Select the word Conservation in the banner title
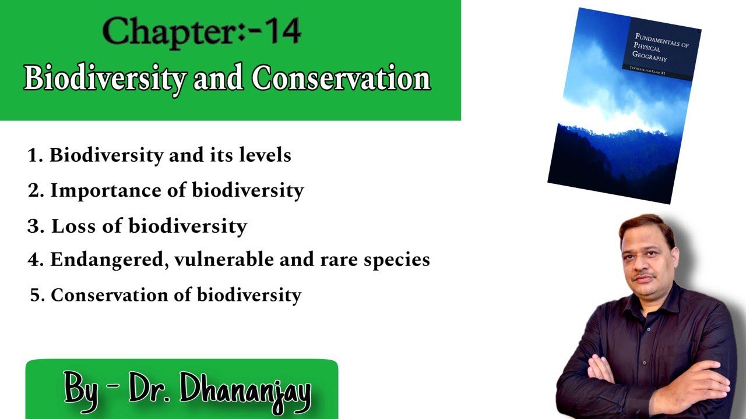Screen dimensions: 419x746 point(342,78)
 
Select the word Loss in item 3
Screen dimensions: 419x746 point(73,226)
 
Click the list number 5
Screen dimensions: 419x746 point(37,295)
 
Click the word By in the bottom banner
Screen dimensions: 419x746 point(80,389)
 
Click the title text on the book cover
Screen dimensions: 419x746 point(661,50)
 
